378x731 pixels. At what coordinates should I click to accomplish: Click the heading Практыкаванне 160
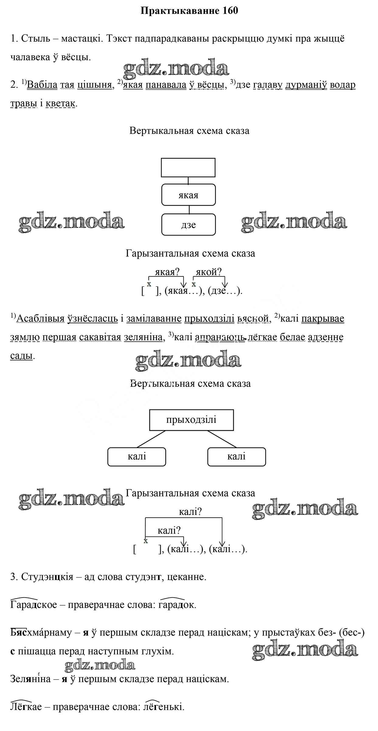(x=189, y=11)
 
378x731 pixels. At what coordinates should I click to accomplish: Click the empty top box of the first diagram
(x=188, y=167)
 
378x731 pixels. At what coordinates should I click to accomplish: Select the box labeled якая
(x=188, y=195)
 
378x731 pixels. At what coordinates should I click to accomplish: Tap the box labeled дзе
(x=188, y=225)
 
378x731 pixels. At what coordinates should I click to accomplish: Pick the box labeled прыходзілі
(x=191, y=420)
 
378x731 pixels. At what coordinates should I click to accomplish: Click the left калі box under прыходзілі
(x=137, y=457)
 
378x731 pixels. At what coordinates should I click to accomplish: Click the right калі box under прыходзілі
(x=236, y=457)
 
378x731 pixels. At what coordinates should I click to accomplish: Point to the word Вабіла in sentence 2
(x=42, y=85)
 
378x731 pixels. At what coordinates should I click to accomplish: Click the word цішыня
(x=95, y=85)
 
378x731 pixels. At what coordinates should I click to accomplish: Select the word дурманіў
(x=306, y=85)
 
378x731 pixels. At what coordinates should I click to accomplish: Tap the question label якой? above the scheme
(x=209, y=272)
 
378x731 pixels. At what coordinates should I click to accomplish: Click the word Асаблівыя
(x=40, y=318)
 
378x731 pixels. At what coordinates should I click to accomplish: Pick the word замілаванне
(x=154, y=318)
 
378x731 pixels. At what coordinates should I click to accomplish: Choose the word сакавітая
(x=100, y=337)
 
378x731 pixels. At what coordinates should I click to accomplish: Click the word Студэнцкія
(x=47, y=577)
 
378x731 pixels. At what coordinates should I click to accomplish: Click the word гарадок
(x=177, y=605)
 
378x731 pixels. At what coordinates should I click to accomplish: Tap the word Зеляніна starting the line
(x=30, y=678)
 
